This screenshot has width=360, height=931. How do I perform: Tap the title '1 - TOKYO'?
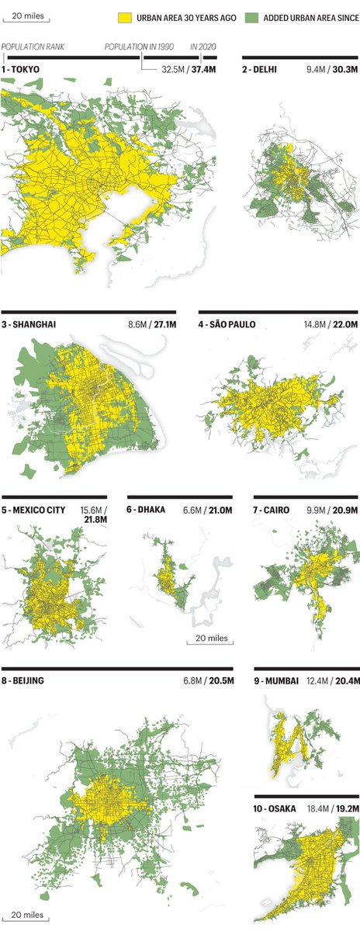click(x=22, y=69)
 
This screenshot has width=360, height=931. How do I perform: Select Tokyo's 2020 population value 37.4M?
click(x=202, y=69)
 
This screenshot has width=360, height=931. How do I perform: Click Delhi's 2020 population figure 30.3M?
click(x=343, y=69)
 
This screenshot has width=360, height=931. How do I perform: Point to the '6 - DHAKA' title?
click(x=151, y=510)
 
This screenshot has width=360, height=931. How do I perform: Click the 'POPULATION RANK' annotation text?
click(x=33, y=47)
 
